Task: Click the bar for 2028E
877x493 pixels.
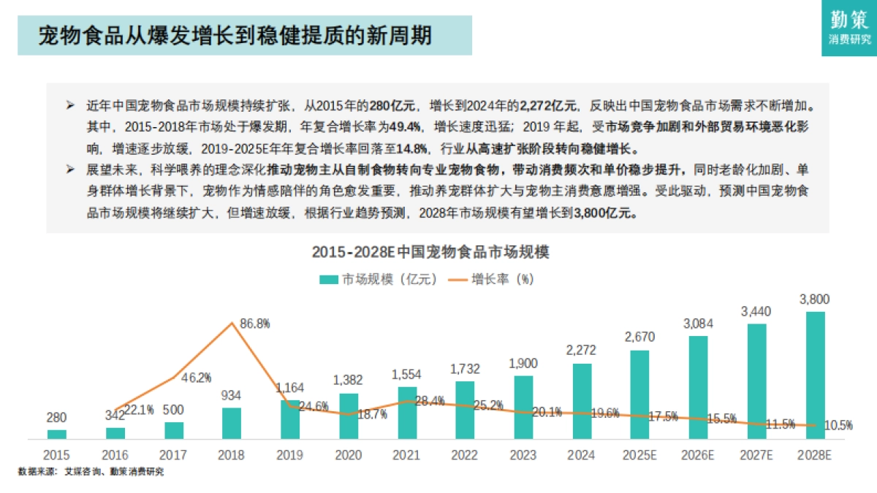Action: point(816,375)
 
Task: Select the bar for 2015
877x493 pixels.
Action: point(57,435)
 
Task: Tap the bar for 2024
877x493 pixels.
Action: point(582,401)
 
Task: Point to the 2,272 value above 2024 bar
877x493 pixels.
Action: point(582,351)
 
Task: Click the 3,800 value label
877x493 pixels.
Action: point(815,299)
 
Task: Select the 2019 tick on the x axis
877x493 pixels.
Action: point(290,455)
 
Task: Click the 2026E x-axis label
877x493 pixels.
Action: point(698,455)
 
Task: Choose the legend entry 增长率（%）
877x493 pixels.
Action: point(491,280)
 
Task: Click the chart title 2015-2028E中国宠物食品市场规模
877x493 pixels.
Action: point(430,253)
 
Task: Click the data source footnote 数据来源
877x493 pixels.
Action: point(91,472)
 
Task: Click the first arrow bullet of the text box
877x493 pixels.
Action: point(70,106)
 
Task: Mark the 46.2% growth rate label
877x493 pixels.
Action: point(196,378)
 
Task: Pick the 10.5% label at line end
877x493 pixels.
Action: point(837,427)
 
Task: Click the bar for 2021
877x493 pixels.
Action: point(407,413)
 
